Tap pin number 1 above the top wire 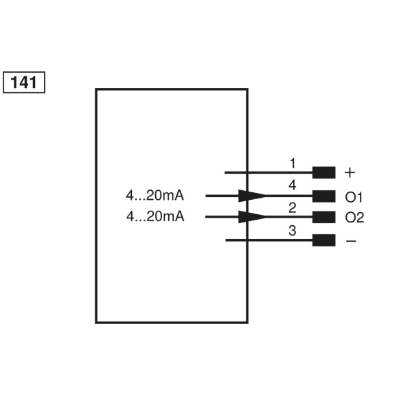pyautogui.click(x=293, y=163)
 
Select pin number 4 pyautogui.click(x=293, y=185)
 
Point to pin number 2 pyautogui.click(x=293, y=207)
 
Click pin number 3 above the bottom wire pyautogui.click(x=293, y=231)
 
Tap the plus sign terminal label pyautogui.click(x=350, y=172)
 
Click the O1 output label pyautogui.click(x=354, y=197)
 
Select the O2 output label pyautogui.click(x=354, y=218)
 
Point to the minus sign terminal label pyautogui.click(x=351, y=241)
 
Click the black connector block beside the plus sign pyautogui.click(x=323, y=172)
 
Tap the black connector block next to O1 pyautogui.click(x=323, y=196)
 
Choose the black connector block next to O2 pyautogui.click(x=323, y=218)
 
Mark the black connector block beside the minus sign pyautogui.click(x=323, y=240)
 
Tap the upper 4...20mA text pyautogui.click(x=155, y=196)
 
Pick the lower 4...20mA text pyautogui.click(x=155, y=217)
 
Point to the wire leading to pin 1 pyautogui.click(x=268, y=172)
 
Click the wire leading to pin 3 pyautogui.click(x=268, y=240)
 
